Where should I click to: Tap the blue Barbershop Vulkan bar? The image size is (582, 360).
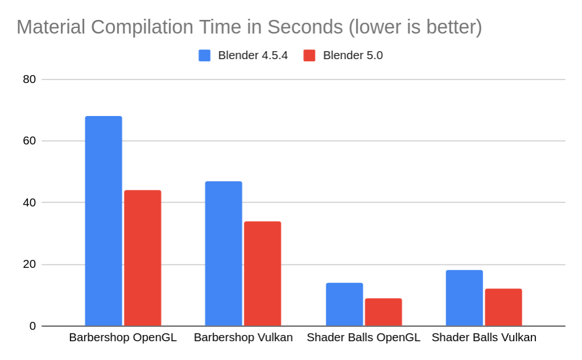(x=223, y=254)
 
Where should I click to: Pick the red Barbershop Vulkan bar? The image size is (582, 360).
(x=263, y=274)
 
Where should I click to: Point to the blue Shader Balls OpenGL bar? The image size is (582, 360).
(x=344, y=304)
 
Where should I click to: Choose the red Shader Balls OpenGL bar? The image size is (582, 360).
(x=383, y=312)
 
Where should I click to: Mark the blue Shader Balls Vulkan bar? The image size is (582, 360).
(x=464, y=298)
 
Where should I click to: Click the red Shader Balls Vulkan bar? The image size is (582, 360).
(x=503, y=307)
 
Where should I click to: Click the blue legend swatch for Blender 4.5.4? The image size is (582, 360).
(x=205, y=55)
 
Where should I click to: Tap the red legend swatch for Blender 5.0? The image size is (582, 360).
(x=309, y=55)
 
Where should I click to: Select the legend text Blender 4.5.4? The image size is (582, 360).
(x=253, y=55)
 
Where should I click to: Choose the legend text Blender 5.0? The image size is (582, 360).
(x=353, y=55)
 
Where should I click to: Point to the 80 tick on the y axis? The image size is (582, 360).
(x=30, y=79)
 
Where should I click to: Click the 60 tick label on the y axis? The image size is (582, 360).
(x=30, y=141)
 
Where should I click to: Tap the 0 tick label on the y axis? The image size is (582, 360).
(x=33, y=326)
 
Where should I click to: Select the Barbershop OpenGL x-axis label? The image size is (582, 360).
(x=123, y=337)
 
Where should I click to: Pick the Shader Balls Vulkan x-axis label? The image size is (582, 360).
(x=484, y=337)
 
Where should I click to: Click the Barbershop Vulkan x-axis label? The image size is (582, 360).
(x=243, y=337)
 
